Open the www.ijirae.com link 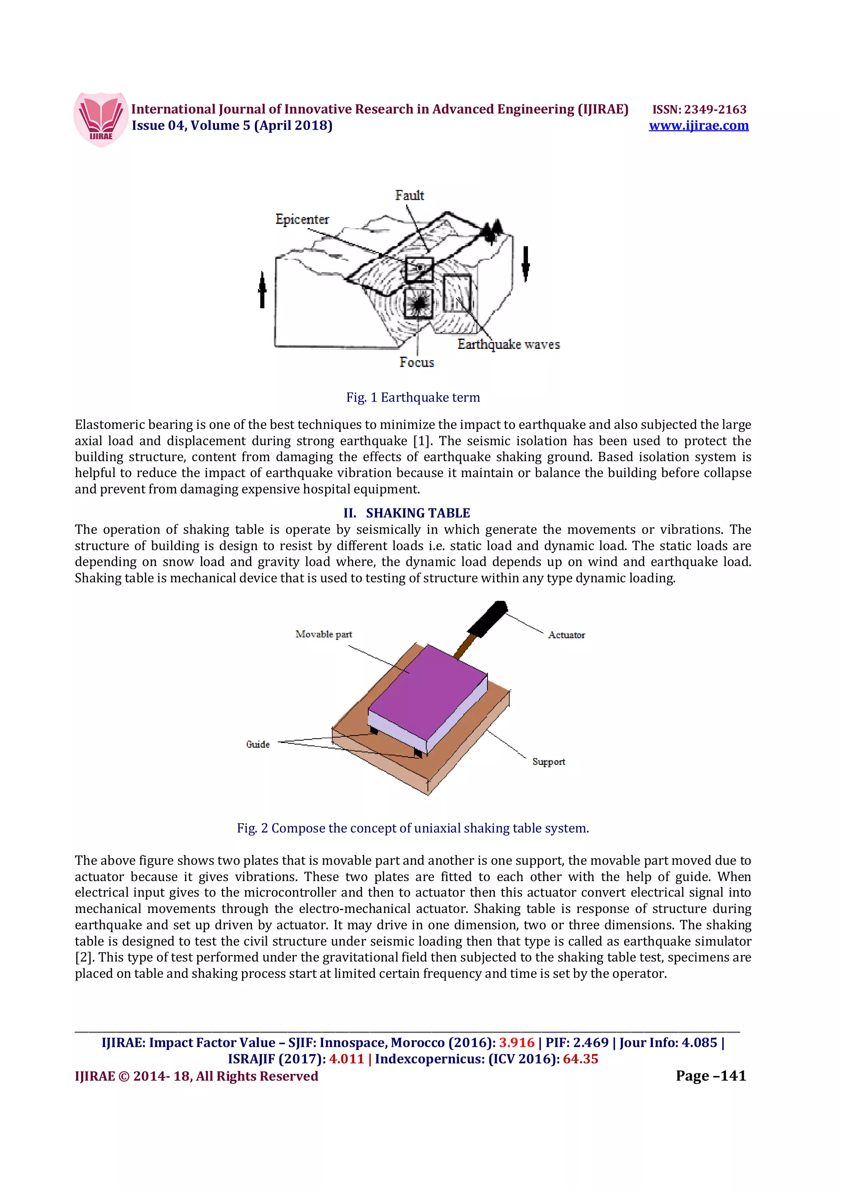coord(698,125)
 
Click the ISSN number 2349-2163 coord(715,109)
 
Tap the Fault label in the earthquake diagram coord(409,196)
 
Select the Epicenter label coord(302,219)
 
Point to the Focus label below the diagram coord(416,362)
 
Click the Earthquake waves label coord(509,344)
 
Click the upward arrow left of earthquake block coord(262,290)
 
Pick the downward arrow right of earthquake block coord(525,263)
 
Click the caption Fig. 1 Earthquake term coord(413,397)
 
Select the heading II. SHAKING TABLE coord(407,513)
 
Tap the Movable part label coord(324,634)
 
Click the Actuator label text coord(566,635)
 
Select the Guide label coord(258,744)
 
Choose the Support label coord(548,762)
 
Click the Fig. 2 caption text coord(413,828)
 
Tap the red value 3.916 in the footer coord(516,1043)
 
